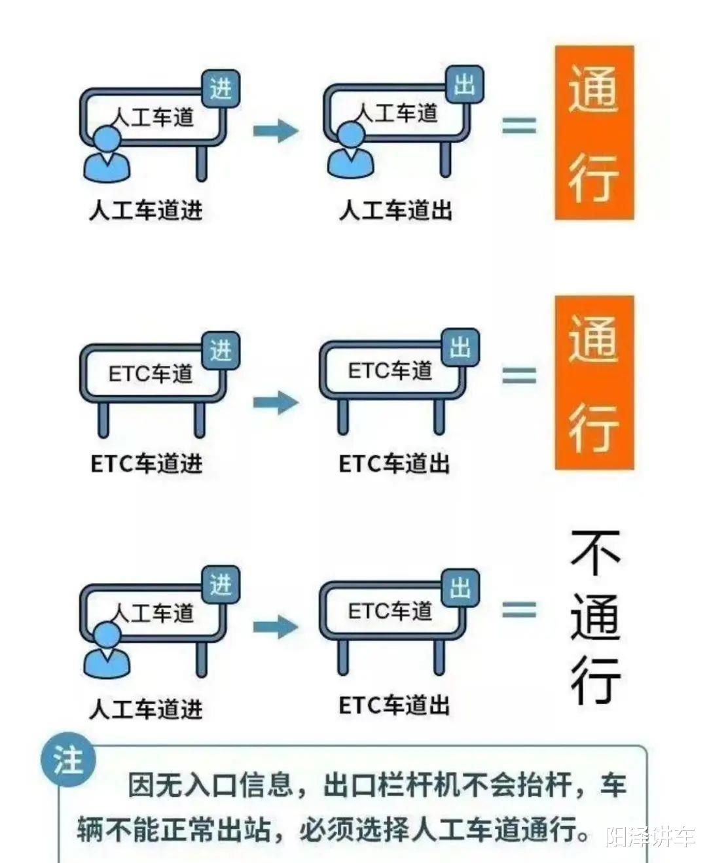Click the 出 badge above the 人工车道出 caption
pyautogui.click(x=464, y=85)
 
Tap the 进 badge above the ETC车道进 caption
pyautogui.click(x=221, y=350)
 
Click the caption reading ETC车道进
pyautogui.click(x=146, y=463)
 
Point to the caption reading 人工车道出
pyautogui.click(x=395, y=210)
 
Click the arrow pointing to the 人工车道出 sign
pyautogui.click(x=276, y=130)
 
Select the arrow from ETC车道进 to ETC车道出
pyautogui.click(x=276, y=401)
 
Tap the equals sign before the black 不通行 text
pyautogui.click(x=519, y=610)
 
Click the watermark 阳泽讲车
pyautogui.click(x=649, y=837)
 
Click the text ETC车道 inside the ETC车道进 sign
pyautogui.click(x=151, y=374)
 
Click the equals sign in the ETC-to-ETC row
pyautogui.click(x=519, y=374)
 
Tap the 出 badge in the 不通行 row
pyautogui.click(x=461, y=588)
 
